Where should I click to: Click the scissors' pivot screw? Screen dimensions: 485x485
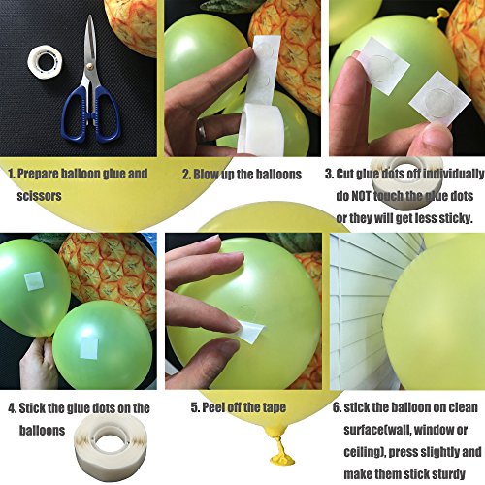pyautogui.click(x=90, y=67)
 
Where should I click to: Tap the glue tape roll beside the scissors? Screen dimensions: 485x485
pyautogui.click(x=45, y=61)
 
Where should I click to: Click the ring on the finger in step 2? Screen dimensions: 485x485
pyautogui.click(x=202, y=128)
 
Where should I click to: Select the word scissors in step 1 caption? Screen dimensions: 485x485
pyautogui.click(x=39, y=196)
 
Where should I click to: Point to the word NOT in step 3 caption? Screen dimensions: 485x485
pyautogui.click(x=362, y=196)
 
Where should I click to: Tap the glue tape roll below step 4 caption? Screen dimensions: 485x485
pyautogui.click(x=111, y=443)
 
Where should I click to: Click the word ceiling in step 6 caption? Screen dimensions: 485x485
pyautogui.click(x=364, y=452)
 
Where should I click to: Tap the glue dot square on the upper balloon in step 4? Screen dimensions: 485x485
pyautogui.click(x=34, y=281)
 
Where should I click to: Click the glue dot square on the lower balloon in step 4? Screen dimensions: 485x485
pyautogui.click(x=89, y=347)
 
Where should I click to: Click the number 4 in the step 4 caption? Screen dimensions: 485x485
pyautogui.click(x=12, y=408)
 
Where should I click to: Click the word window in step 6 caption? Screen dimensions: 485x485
pyautogui.click(x=434, y=430)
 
